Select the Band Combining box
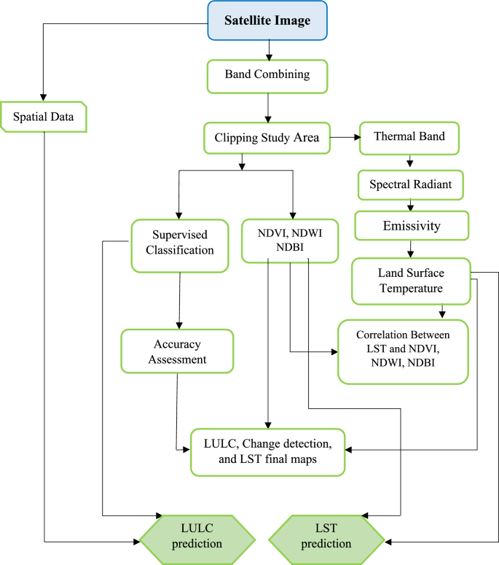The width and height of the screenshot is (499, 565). (267, 75)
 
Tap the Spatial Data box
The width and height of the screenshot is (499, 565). (44, 117)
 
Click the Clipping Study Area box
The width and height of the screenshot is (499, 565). (267, 137)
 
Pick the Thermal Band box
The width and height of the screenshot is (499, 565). (409, 137)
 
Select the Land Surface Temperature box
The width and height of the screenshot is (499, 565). (411, 281)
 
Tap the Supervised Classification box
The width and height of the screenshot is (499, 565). (179, 242)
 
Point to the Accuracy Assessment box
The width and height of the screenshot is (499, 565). (177, 351)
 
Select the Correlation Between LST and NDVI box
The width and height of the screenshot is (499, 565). (403, 352)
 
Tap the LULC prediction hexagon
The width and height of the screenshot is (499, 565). (197, 536)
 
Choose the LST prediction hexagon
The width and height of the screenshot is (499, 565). (327, 536)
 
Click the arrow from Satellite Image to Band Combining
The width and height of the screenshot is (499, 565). (270, 50)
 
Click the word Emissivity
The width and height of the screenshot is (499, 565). (412, 226)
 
